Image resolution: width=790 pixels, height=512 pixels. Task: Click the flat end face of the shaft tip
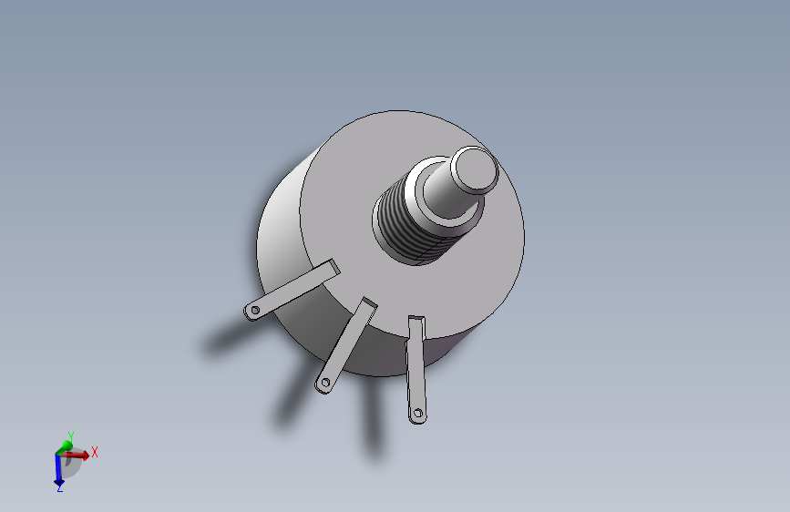(474, 169)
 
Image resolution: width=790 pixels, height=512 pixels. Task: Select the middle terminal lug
(346, 345)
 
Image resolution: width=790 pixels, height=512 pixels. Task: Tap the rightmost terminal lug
(416, 369)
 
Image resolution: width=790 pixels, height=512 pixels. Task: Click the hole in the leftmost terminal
(255, 310)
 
